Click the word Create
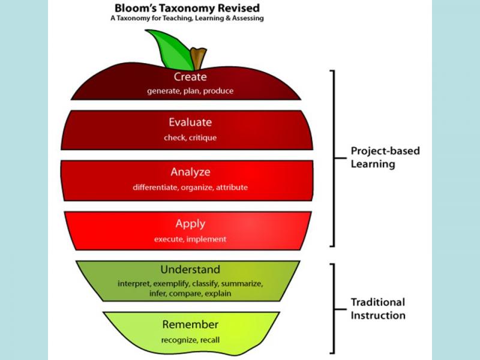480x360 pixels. (190, 77)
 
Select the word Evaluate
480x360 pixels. (190, 122)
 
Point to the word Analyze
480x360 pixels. (190, 172)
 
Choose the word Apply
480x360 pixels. (190, 224)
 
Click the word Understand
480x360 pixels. (190, 269)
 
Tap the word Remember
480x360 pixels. (190, 325)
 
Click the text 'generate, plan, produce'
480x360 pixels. (190, 92)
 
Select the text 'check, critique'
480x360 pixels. (190, 138)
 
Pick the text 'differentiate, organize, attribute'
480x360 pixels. (190, 188)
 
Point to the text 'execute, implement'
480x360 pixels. (190, 239)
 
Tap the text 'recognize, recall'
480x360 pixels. (190, 340)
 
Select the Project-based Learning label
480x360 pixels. (385, 157)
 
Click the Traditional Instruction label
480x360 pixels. (378, 308)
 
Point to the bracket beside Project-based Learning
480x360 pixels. (333, 158)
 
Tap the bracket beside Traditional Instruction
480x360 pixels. (333, 309)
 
